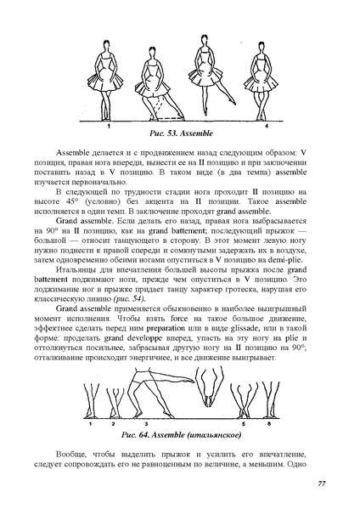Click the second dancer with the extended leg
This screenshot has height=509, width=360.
point(156,81)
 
